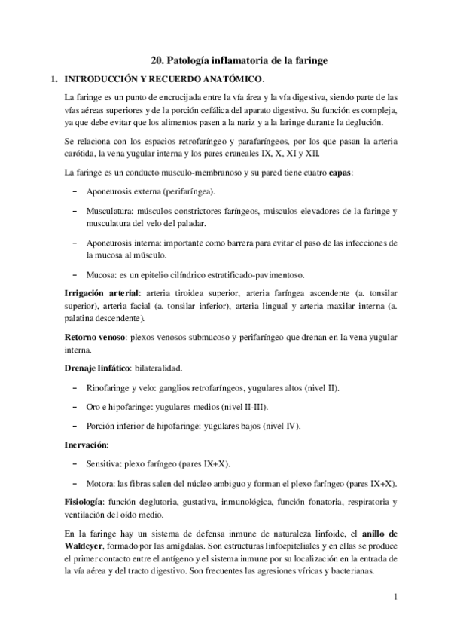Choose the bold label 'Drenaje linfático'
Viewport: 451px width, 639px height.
point(97,368)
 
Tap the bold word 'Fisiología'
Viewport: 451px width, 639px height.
point(85,502)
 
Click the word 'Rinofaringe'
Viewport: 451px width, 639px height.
point(109,387)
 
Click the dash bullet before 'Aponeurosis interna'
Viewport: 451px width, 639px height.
point(74,243)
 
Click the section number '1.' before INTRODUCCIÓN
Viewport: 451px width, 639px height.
point(53,78)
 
